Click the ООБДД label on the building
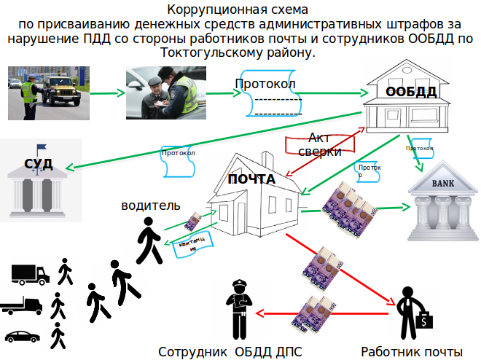pos(411,92)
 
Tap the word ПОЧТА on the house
pos(251,179)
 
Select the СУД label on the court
pos(39,163)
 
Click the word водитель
pos(151,206)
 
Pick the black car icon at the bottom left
pos(22,336)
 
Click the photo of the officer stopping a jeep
pos(49,93)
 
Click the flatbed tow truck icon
pos(26,305)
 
